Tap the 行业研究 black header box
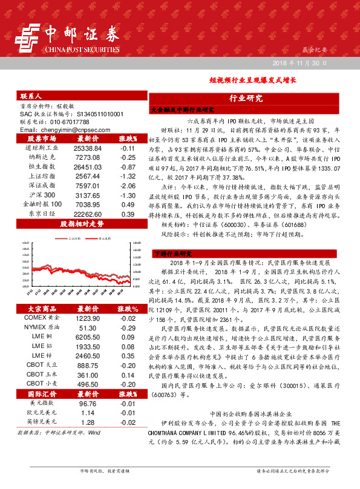pyautogui.click(x=246, y=98)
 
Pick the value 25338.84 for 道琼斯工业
pyautogui.click(x=87, y=148)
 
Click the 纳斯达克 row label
pyautogui.click(x=42, y=156)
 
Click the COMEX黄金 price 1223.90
pyautogui.click(x=87, y=301)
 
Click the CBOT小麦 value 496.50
pyautogui.click(x=87, y=367)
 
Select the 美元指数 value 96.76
pyautogui.click(x=87, y=386)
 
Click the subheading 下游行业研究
pyautogui.click(x=172, y=254)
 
